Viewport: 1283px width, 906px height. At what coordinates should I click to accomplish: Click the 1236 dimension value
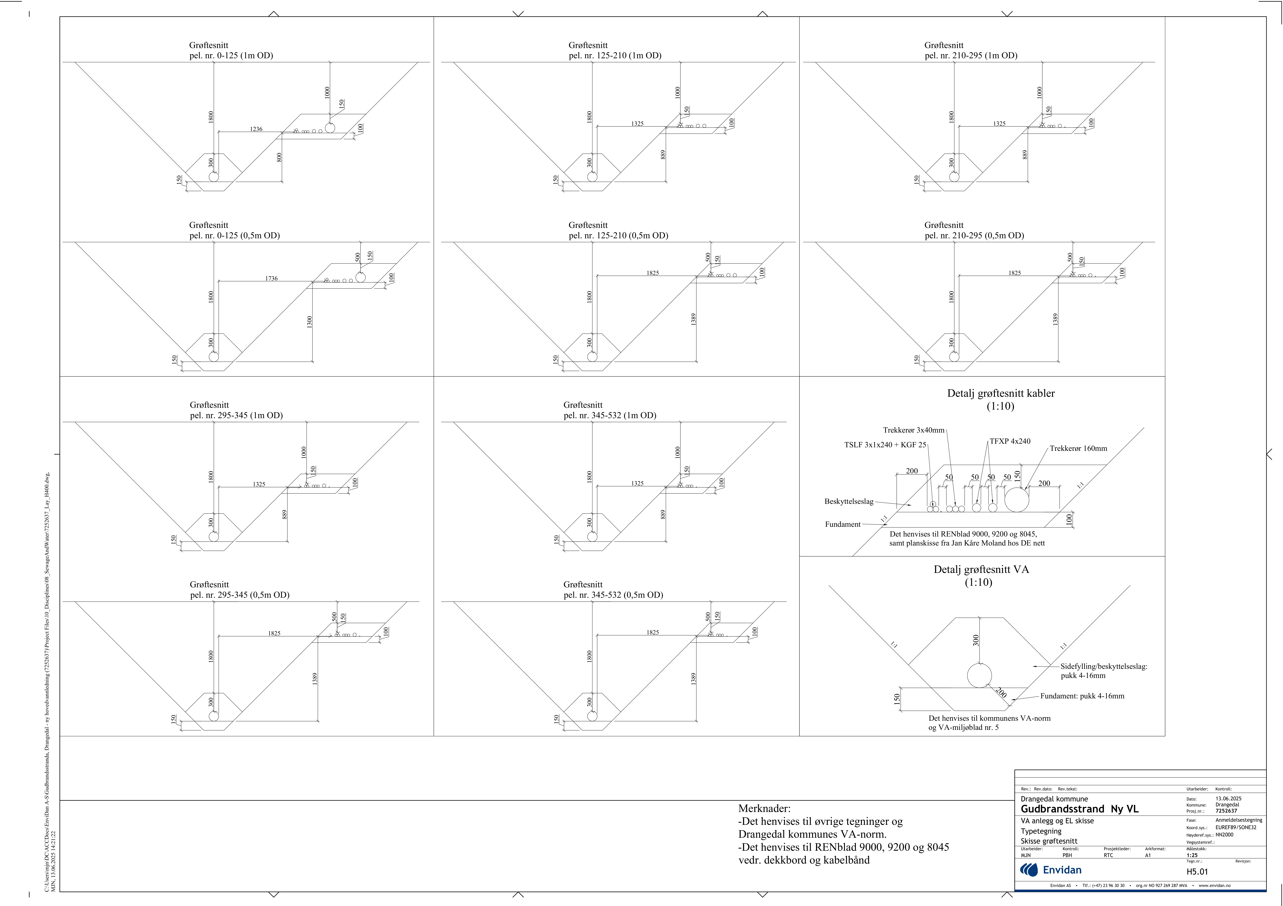256,129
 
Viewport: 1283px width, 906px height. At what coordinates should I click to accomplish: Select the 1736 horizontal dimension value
272,278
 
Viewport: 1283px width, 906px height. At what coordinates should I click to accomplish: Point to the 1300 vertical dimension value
310,322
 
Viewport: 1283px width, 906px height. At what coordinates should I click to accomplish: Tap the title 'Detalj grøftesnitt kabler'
1001,393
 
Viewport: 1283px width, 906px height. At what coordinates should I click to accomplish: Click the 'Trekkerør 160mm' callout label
1078,449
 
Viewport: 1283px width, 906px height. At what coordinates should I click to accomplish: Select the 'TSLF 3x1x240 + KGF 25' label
885,445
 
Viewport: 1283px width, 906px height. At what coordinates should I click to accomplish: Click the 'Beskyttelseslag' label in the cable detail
849,502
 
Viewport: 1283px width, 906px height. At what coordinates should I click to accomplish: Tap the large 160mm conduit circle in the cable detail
1017,499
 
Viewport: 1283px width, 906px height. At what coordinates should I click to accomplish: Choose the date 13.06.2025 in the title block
1228,799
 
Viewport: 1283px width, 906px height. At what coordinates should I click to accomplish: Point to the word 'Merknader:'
764,808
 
